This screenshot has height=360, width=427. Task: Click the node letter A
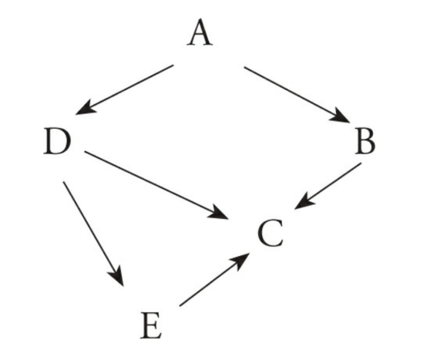tap(200, 32)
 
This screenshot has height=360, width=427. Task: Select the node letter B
tap(365, 142)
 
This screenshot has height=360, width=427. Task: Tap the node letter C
tap(271, 233)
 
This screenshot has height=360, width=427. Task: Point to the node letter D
tap(57, 142)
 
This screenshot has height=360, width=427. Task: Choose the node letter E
tap(151, 325)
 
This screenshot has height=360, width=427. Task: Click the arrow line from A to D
tap(125, 89)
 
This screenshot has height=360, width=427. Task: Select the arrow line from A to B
tap(297, 95)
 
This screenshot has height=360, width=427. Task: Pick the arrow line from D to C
tap(156, 185)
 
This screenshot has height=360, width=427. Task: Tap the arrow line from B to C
tap(328, 186)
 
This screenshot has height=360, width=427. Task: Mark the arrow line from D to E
tap(93, 234)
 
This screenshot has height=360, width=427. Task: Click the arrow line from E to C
tap(214, 280)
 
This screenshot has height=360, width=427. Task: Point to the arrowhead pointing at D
tap(85, 108)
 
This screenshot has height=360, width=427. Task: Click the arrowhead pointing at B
tap(341, 116)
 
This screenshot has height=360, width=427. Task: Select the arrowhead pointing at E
tap(117, 278)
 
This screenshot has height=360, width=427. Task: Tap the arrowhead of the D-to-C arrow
tap(219, 213)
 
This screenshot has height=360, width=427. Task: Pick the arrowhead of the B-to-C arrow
tap(304, 201)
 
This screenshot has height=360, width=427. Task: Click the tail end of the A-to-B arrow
tap(244, 67)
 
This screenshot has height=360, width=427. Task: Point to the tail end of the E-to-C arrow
tap(180, 306)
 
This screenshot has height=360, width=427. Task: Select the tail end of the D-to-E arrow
tap(63, 182)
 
